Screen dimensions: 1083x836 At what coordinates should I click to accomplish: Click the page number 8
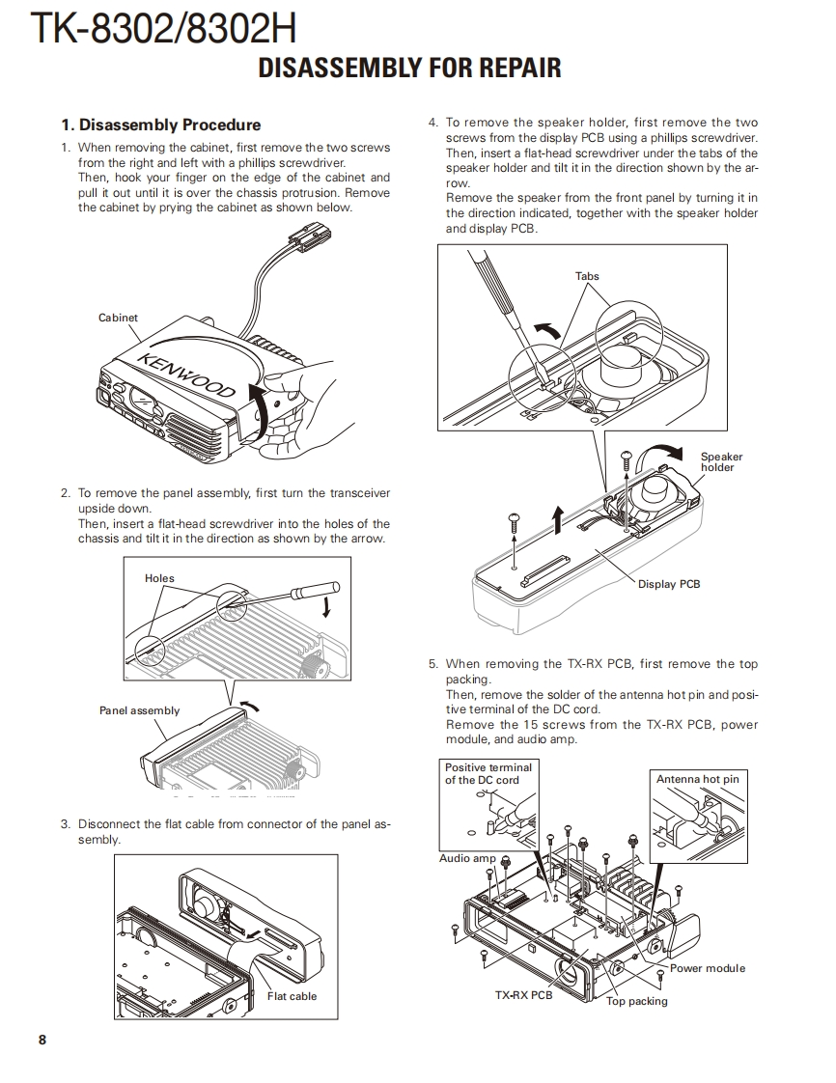pos(42,1040)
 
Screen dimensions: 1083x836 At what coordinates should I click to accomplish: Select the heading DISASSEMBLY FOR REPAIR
pos(409,68)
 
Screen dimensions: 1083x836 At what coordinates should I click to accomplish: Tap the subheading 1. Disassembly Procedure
pos(160,125)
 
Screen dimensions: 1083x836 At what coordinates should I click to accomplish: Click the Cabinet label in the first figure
pos(118,318)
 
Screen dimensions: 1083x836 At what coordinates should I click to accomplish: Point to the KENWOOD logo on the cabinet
pos(186,374)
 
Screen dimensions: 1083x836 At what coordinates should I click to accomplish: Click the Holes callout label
pos(159,578)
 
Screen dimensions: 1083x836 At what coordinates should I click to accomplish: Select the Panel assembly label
pos(139,710)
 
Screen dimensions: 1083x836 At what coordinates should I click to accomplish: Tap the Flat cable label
pos(292,996)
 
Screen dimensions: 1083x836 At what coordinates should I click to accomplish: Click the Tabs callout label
pos(587,276)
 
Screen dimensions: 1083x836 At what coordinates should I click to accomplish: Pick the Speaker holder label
pos(721,462)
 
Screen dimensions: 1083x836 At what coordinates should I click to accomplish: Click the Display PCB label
pos(669,584)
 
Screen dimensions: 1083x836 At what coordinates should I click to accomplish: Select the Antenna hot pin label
pos(697,779)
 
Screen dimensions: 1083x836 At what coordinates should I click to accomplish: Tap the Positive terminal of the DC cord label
pos(488,773)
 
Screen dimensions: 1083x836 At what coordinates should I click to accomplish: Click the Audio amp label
pos(467,858)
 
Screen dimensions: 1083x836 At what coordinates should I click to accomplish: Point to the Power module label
pos(708,968)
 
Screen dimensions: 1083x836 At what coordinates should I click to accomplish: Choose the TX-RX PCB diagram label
pos(523,995)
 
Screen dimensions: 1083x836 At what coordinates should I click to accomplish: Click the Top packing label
pos(636,1001)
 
